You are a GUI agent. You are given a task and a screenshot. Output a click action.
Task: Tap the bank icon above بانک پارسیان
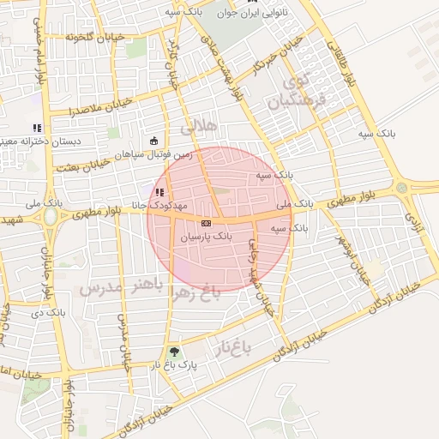(x=205, y=222)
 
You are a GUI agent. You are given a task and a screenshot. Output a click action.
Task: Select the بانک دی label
(x=52, y=311)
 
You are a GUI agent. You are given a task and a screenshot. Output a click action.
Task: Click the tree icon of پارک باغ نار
(x=176, y=352)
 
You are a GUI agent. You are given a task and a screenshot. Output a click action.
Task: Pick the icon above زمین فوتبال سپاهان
(x=153, y=141)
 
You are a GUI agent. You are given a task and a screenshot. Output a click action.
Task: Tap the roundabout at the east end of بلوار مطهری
(x=401, y=188)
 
